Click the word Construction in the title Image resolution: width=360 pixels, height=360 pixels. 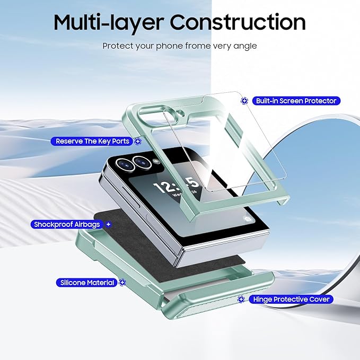coord(238,22)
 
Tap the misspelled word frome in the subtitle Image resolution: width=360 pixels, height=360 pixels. coord(198,46)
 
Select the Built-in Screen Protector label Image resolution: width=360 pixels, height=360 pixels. coord(296,101)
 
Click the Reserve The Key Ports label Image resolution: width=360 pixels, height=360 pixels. coord(92,141)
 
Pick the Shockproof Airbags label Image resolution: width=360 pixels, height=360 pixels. coord(67,224)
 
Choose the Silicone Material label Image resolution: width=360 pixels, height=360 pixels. coord(87,283)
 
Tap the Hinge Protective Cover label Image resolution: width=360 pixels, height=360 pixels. coord(291,299)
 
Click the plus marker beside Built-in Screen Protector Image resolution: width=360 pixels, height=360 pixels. coord(244,101)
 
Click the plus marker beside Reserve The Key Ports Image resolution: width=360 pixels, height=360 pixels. coord(138,141)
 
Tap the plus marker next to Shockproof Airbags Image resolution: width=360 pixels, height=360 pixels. coord(109,224)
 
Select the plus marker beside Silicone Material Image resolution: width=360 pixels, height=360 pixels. coord(122,282)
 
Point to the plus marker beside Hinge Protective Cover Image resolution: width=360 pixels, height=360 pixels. coord(241,299)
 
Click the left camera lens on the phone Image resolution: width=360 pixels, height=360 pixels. coord(125,164)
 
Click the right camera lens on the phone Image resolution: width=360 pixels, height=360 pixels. coord(142,162)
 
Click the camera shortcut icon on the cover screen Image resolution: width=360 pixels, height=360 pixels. coord(248,219)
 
